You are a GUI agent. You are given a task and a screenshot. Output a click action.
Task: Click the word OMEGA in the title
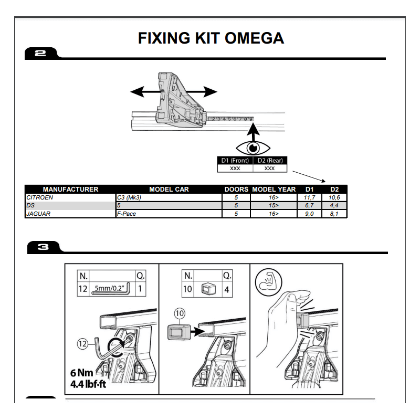(255, 38)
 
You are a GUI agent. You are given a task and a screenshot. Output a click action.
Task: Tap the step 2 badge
(40, 53)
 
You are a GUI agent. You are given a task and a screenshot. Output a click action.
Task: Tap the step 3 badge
(42, 247)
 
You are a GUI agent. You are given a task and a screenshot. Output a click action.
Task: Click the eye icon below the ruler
(251, 148)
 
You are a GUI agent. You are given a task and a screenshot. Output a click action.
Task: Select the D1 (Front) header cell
(235, 161)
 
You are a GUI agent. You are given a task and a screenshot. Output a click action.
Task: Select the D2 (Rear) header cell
(270, 161)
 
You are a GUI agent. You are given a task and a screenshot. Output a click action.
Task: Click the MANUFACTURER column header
(70, 189)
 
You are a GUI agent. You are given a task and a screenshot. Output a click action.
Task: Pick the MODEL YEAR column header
(274, 189)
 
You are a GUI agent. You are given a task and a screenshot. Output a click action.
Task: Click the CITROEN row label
(40, 197)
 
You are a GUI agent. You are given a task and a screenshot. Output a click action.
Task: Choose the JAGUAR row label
(38, 214)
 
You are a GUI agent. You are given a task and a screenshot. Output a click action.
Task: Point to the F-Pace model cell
(127, 214)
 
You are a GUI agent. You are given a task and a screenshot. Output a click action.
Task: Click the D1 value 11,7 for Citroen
(309, 197)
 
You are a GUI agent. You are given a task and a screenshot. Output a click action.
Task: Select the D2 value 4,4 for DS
(334, 206)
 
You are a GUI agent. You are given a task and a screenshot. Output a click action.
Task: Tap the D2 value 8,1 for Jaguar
(334, 214)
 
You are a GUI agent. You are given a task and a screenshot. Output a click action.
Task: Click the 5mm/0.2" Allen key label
(111, 288)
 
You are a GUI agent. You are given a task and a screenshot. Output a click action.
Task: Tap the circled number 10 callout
(180, 313)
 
